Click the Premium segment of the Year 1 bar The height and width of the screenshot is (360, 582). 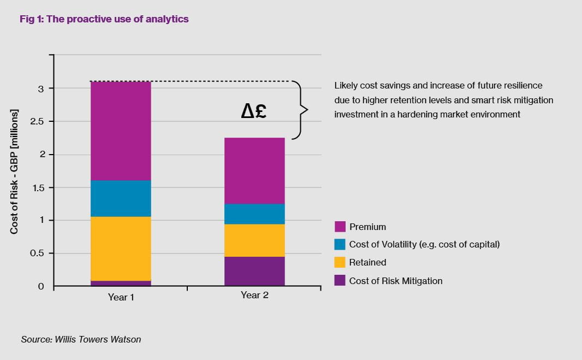tap(121, 131)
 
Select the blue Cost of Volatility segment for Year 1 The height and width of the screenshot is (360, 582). tap(121, 198)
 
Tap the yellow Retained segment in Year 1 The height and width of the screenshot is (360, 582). tap(121, 249)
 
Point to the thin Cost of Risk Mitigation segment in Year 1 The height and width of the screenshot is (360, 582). tap(121, 283)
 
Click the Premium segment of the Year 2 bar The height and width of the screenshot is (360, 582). tap(254, 171)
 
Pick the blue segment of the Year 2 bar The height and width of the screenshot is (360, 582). tap(254, 214)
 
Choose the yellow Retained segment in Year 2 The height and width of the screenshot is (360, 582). tap(254, 240)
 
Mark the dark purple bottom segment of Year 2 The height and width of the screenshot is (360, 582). tap(254, 271)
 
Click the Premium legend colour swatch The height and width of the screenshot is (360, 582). tap(340, 227)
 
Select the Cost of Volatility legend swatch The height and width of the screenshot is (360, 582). tap(340, 244)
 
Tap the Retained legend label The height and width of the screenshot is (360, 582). tap(367, 262)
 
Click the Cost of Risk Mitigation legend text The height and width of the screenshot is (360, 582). tap(396, 281)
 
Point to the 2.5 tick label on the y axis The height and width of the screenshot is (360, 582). tap(37, 121)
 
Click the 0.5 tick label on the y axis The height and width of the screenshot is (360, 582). tap(37, 253)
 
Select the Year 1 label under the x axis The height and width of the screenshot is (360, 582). tap(121, 297)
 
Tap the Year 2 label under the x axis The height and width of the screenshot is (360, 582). tap(254, 295)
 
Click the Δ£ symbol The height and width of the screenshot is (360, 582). tap(254, 111)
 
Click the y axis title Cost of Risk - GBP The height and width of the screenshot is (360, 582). tap(14, 172)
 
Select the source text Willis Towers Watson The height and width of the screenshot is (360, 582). tap(98, 339)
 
